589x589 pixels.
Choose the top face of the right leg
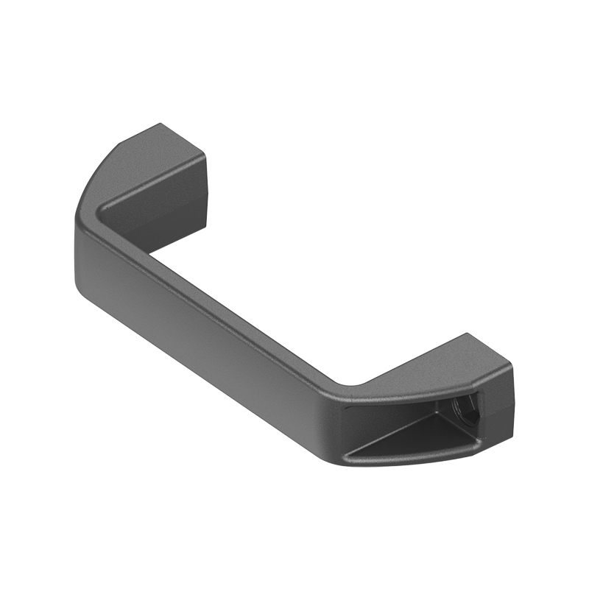click(434, 368)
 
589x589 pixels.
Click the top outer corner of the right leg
click(467, 335)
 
